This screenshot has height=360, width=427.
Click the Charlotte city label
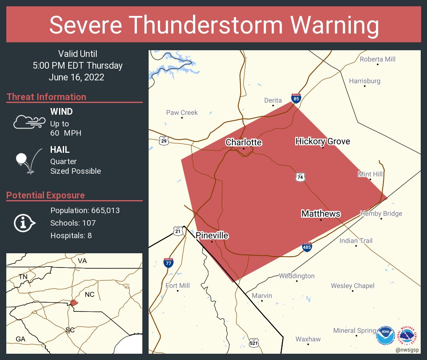coord(244,142)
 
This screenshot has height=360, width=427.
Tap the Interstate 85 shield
coord(296,98)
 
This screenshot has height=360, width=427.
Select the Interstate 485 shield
coord(307,247)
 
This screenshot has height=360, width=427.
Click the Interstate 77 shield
coord(168,263)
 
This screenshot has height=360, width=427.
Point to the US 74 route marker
coord(300,177)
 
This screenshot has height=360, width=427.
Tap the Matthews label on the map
coord(321,214)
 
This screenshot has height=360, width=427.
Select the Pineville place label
coord(212,236)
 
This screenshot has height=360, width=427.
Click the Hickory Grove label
coord(322,141)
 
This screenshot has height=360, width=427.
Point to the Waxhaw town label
coord(308,339)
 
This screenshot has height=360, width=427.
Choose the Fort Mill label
coord(177,285)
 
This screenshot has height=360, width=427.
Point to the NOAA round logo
coord(385,335)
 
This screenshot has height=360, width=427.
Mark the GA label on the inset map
coord(21,339)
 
